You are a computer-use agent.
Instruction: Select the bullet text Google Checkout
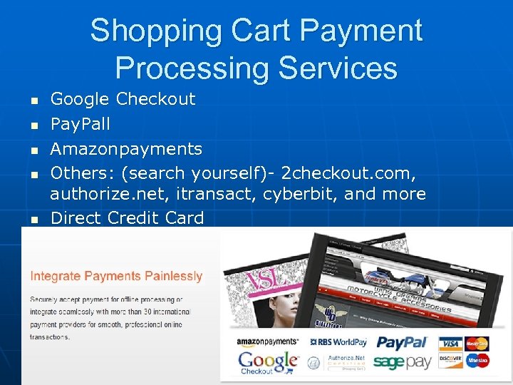point(123,99)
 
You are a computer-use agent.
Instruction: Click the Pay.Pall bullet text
point(80,124)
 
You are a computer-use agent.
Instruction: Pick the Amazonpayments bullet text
point(126,149)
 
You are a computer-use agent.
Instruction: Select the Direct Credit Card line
point(127,218)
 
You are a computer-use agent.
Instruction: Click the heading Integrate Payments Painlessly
point(116,276)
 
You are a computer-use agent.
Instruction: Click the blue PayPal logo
point(402,343)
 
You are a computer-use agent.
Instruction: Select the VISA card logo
point(450,344)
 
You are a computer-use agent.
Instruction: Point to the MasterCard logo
point(477,344)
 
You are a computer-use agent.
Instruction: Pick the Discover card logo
point(450,360)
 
